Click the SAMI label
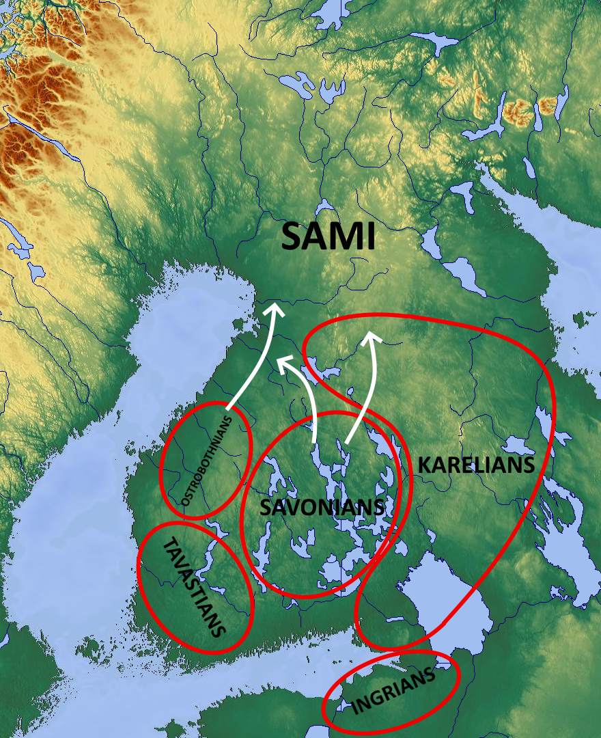point(329,237)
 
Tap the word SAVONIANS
point(322,507)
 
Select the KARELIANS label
point(475,465)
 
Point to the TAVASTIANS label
point(194,586)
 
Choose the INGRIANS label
point(393,692)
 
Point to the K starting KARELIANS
point(425,465)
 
